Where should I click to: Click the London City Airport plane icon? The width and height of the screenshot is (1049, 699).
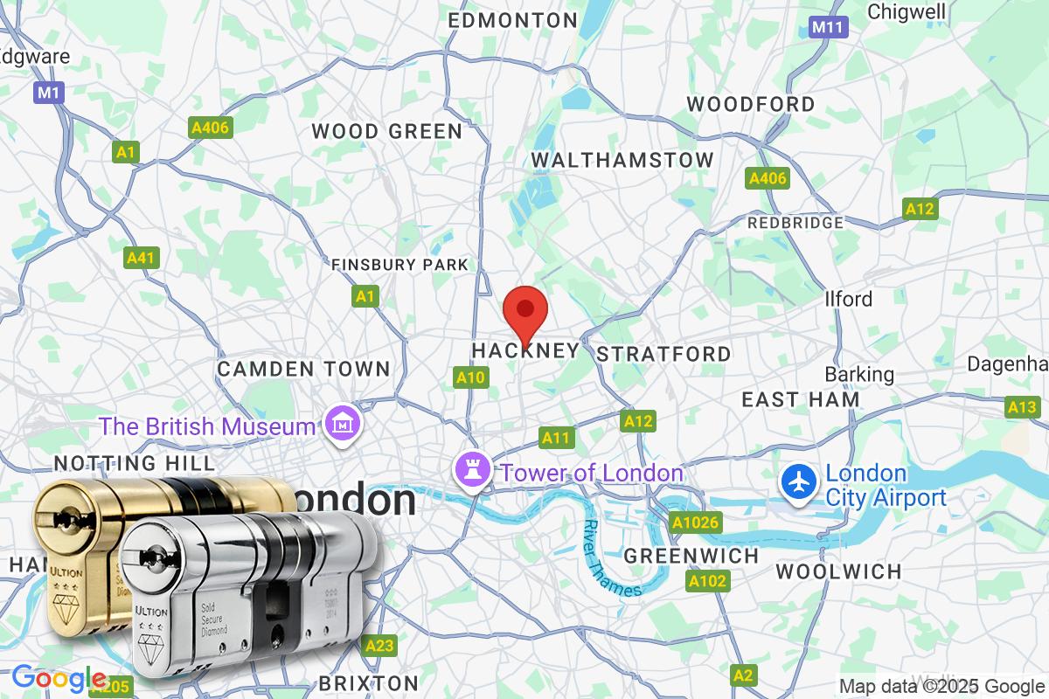[x=797, y=483]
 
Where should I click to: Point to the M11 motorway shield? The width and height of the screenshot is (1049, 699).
[x=826, y=27]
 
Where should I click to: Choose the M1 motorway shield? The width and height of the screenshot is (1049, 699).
[x=49, y=91]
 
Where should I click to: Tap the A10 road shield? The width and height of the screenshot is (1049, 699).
[x=469, y=377]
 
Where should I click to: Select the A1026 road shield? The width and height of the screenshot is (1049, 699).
[x=695, y=523]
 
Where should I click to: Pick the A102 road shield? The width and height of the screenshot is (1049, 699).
[x=707, y=581]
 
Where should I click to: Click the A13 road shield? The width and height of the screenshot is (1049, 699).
[x=1022, y=406]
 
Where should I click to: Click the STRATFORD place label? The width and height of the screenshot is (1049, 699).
[x=663, y=354]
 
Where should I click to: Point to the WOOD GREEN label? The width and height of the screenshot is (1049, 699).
[x=386, y=132]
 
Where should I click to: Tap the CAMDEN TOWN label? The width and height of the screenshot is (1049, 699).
[x=303, y=369]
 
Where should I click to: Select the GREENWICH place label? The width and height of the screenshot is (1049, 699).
[x=691, y=556]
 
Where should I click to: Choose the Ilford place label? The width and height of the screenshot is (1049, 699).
[x=848, y=299]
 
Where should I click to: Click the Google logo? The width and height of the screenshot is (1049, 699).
[x=59, y=678]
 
